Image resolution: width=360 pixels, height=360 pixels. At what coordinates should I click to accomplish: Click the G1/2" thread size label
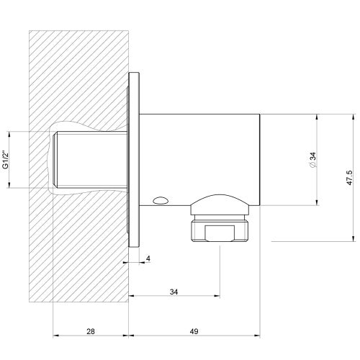[6, 159]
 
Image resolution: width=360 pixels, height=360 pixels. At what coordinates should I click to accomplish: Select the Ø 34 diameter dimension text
[311, 160]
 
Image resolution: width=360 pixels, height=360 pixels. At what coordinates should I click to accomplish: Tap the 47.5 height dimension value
[348, 176]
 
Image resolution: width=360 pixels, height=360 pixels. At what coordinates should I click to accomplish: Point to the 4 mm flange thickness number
[148, 258]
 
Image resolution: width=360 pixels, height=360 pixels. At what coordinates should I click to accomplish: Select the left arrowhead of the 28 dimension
[56, 336]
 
